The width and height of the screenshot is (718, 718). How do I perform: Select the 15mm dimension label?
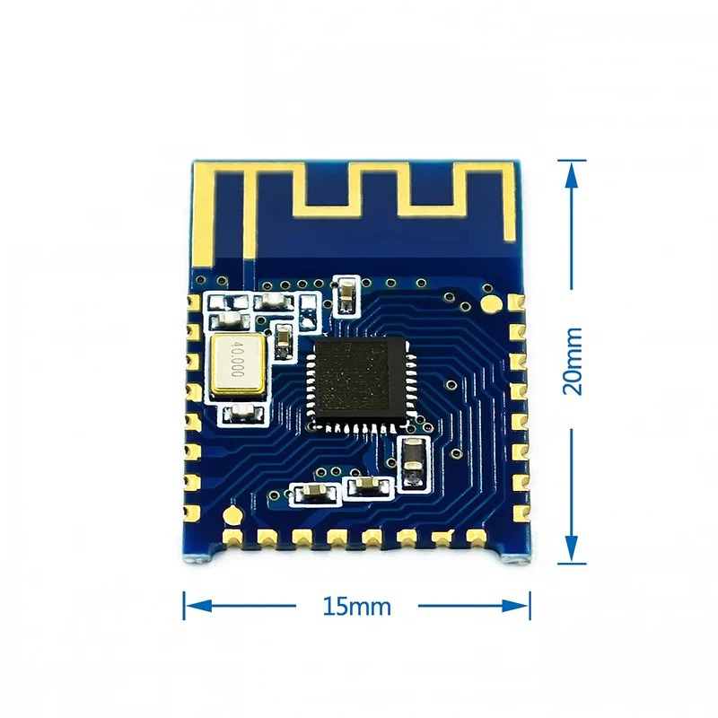tap(357, 606)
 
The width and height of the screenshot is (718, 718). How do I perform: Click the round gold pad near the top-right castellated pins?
tap(492, 302)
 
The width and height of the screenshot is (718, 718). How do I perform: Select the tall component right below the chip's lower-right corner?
tap(413, 464)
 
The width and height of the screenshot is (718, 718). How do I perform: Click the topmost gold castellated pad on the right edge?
tap(516, 305)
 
